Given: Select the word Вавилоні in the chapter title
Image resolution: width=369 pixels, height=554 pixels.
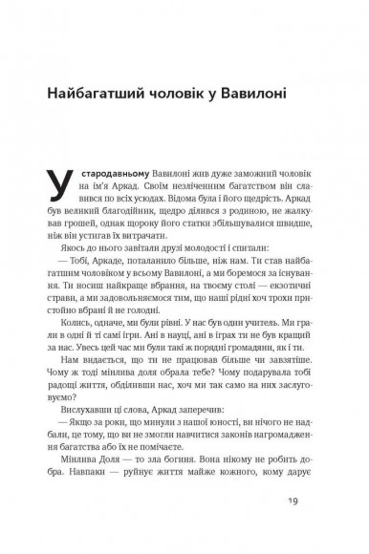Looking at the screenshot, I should coord(272,96).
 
